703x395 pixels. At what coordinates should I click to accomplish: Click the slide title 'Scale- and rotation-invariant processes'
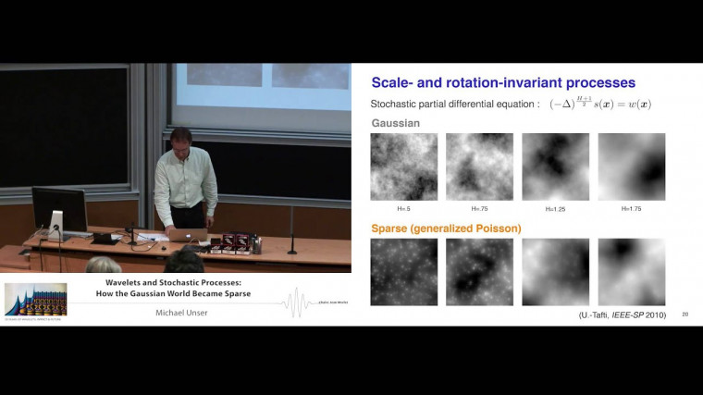point(503,82)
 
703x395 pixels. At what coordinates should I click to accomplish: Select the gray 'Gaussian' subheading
point(395,122)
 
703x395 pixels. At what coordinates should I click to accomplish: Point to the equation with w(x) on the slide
point(600,104)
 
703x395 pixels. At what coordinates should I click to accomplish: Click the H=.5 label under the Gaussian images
point(403,208)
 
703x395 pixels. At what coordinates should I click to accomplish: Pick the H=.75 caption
point(479,208)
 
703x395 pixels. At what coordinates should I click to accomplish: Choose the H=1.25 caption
point(555,208)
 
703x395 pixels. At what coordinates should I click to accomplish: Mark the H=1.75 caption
point(631,208)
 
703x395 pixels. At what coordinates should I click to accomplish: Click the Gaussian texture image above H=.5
point(404,167)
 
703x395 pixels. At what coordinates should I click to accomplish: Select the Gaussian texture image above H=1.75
point(632,167)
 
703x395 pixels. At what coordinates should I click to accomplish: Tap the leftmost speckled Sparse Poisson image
point(404,272)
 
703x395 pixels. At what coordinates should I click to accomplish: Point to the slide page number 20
point(684,315)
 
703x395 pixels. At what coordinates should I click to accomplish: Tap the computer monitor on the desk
point(59,210)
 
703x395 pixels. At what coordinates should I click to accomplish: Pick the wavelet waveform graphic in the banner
point(296,301)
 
